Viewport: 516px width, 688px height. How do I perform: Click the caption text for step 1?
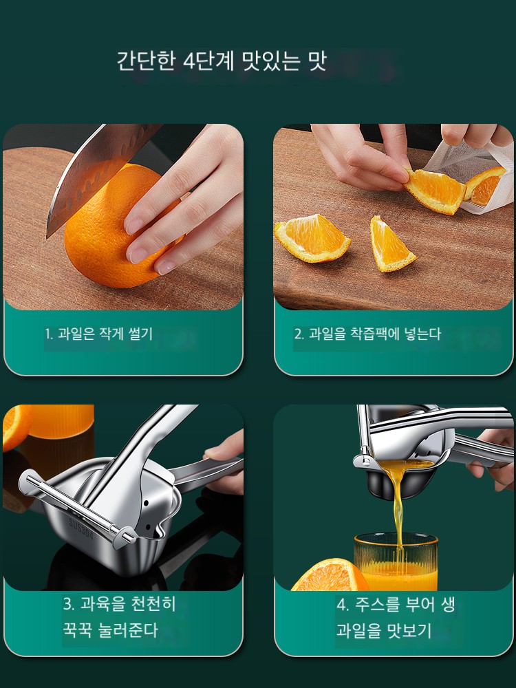click(98, 334)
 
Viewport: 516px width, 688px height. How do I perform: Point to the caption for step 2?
click(367, 334)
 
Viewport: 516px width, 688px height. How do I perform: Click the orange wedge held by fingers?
click(435, 191)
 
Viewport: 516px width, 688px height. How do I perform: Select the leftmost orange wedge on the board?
click(312, 238)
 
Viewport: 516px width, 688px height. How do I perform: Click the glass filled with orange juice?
click(396, 561)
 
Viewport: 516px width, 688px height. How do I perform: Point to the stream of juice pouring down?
click(398, 509)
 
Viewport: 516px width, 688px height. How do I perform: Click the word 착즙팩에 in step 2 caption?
click(375, 334)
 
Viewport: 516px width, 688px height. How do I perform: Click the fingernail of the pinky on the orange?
click(166, 266)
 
